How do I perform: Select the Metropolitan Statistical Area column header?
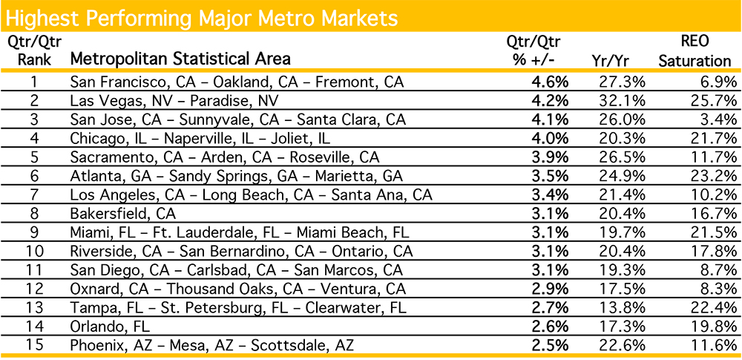click(x=180, y=58)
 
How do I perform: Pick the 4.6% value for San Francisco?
click(x=551, y=82)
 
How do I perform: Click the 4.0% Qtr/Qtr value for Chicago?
click(x=551, y=138)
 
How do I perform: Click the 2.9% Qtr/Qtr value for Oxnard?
click(x=551, y=289)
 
